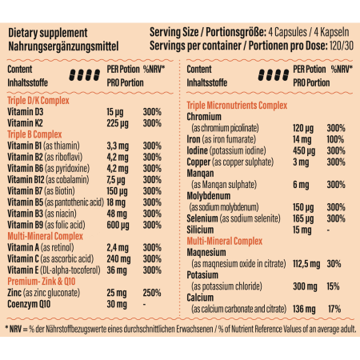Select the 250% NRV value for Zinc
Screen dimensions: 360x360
pos(154,294)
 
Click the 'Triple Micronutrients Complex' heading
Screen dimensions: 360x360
pos(237,106)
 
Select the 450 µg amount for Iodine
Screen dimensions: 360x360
pos(302,150)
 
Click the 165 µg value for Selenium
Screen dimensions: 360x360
pos(302,218)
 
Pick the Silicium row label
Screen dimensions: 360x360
pos(203,230)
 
